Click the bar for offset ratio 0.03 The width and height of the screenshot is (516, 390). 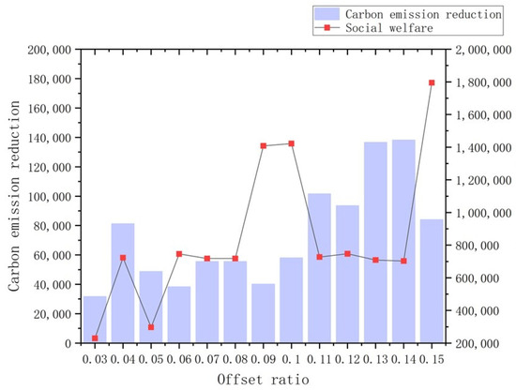point(95,320)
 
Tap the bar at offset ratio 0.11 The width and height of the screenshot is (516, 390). point(320,268)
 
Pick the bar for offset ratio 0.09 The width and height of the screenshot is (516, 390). point(264,313)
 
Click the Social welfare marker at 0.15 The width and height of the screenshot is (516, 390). point(432,82)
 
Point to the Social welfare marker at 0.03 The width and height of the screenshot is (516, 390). point(95,338)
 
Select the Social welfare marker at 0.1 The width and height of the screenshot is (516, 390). point(292,143)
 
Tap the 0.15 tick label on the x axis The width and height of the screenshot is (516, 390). point(432,358)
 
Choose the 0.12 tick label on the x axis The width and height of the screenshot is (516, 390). point(348,358)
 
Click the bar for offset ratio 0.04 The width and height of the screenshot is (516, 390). point(123,283)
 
